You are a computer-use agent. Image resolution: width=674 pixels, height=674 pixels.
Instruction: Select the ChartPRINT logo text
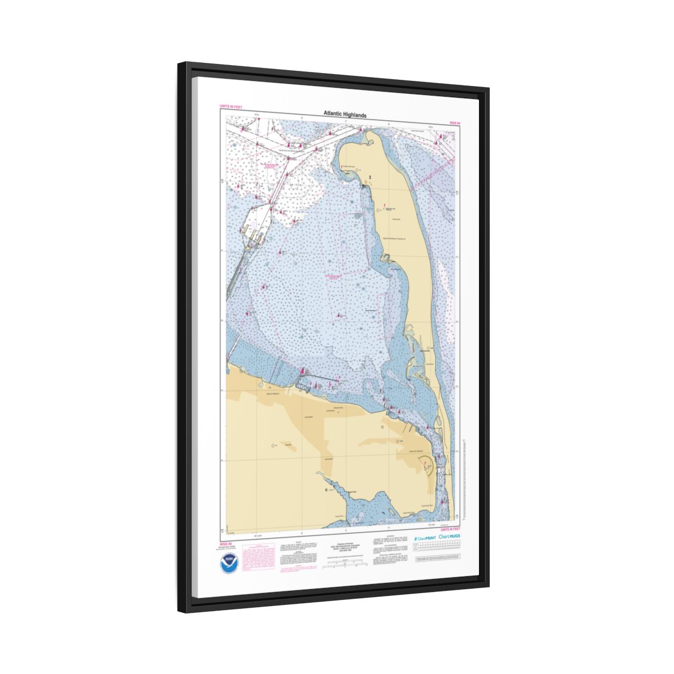(x=424, y=538)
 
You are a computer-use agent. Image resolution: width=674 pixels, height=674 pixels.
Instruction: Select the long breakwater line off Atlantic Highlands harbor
(x=323, y=377)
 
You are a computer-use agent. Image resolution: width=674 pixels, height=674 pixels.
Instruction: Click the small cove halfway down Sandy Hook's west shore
(x=388, y=258)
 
